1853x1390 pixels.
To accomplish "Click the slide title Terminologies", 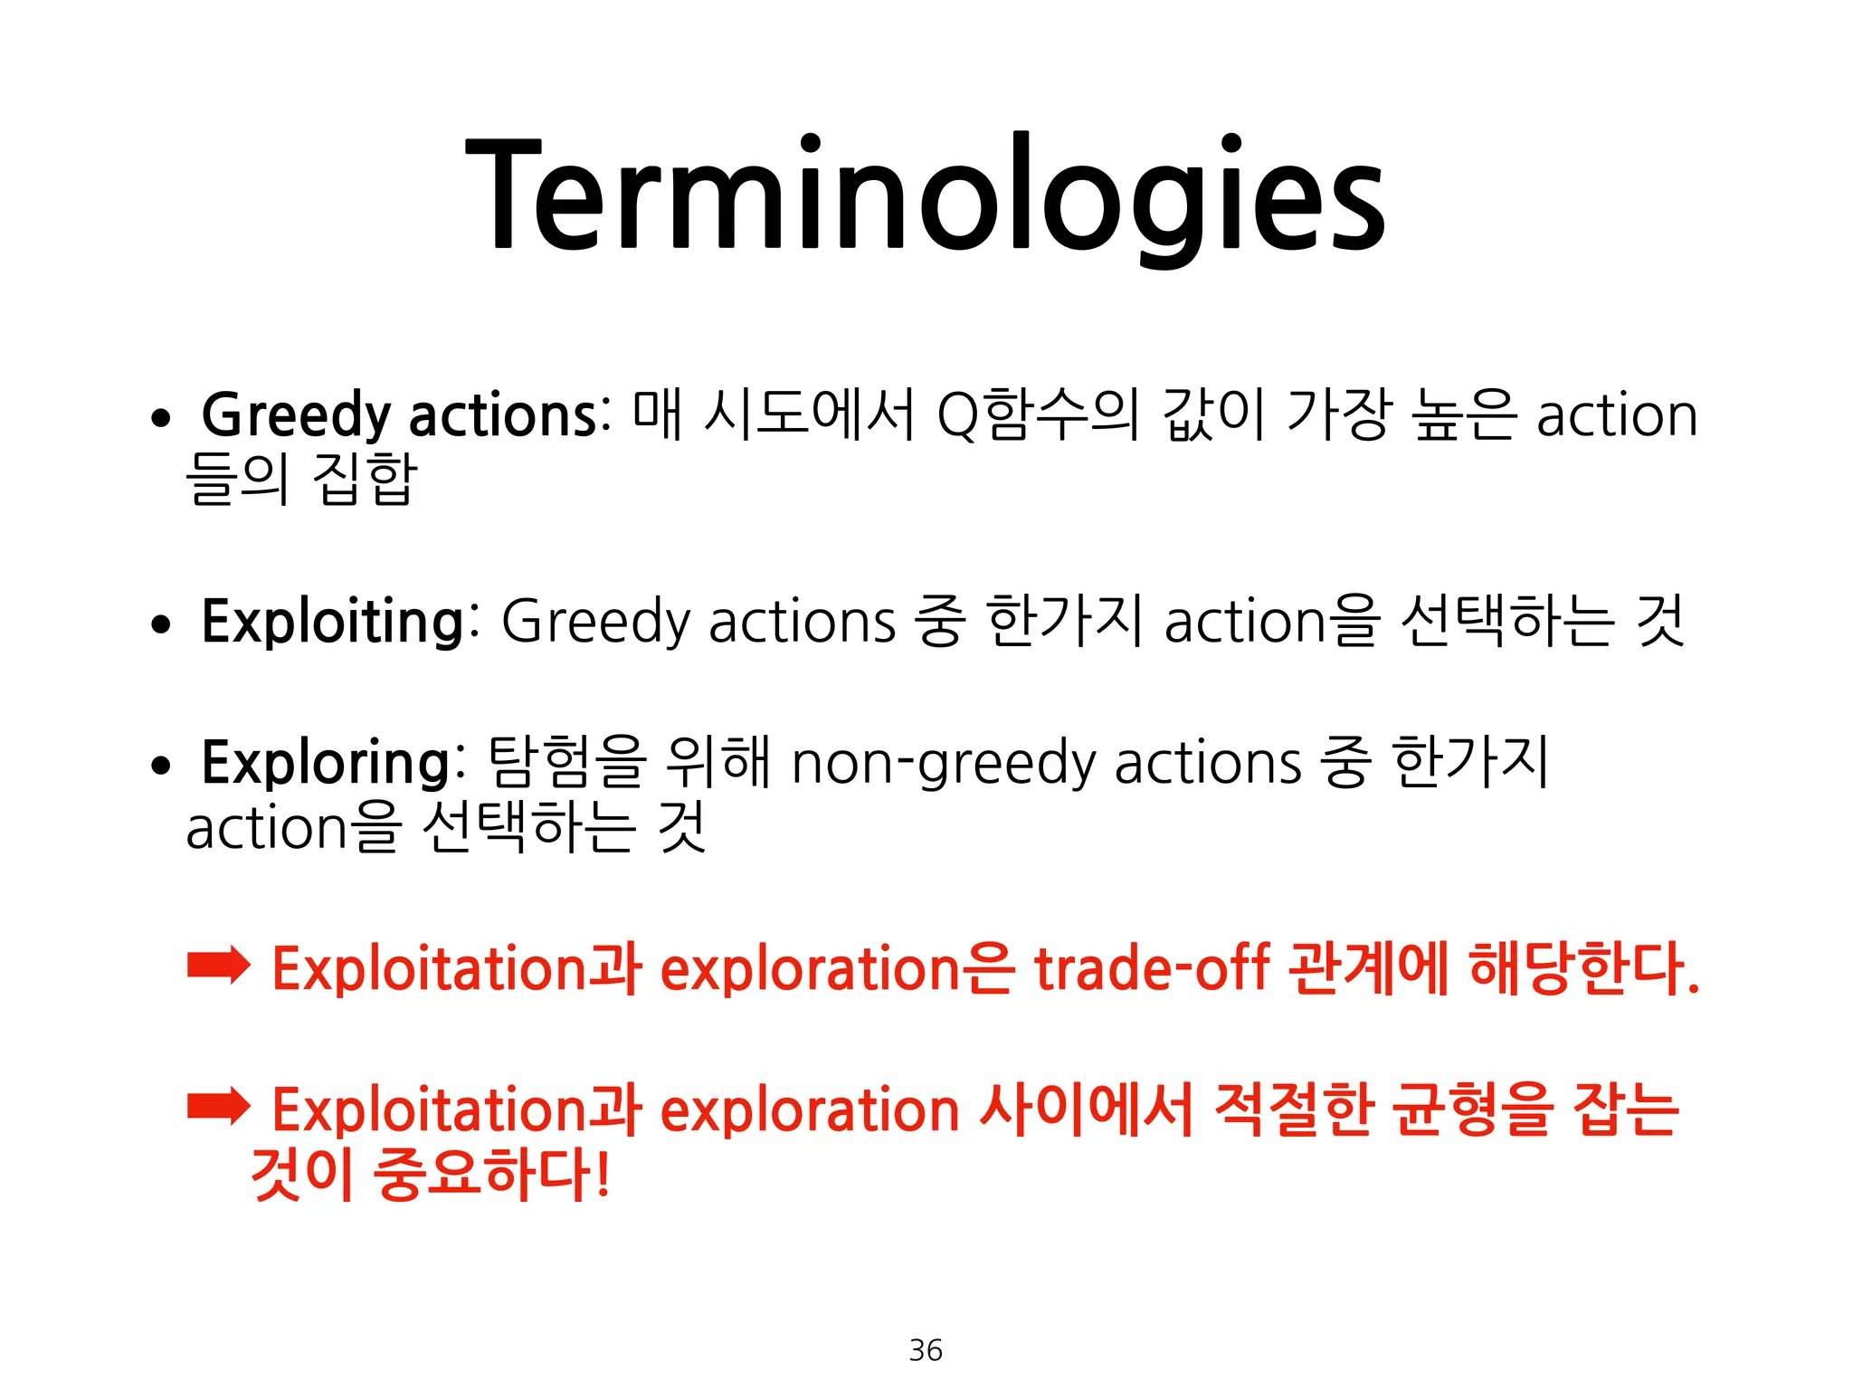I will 925,195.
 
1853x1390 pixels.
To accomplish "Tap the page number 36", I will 926,1349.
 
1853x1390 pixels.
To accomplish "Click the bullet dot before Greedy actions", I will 161,419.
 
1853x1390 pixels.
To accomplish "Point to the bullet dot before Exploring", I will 161,766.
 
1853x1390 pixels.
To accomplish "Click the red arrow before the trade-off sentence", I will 218,966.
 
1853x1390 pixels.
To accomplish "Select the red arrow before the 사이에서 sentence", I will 218,1106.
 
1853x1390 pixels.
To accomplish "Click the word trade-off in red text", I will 1152,968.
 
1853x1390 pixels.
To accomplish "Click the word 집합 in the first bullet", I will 365,479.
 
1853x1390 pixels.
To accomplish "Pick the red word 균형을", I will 1472,1109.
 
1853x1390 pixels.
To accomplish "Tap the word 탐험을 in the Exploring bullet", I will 567,763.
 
